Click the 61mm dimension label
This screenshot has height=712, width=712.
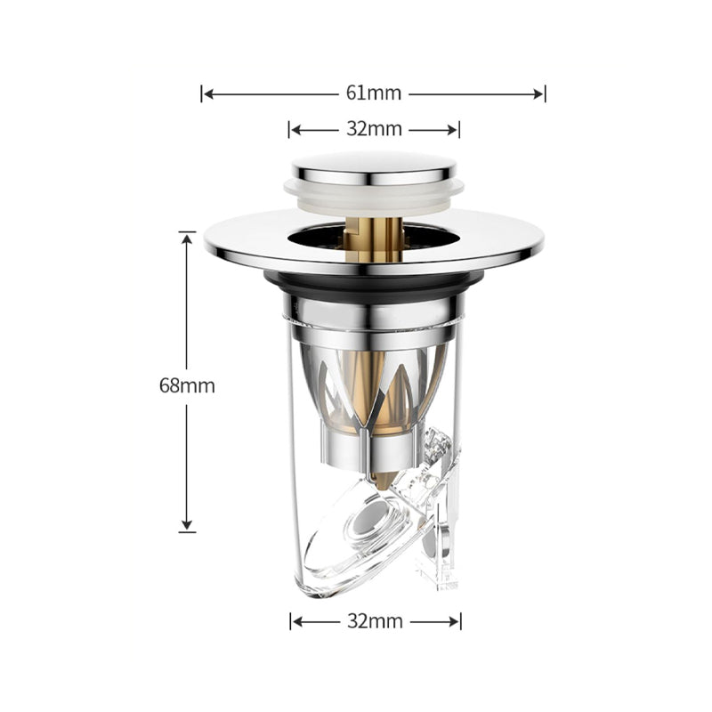[374, 93]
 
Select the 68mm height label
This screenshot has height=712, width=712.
[187, 386]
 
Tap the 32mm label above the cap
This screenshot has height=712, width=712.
[374, 129]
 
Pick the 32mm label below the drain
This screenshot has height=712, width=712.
[375, 620]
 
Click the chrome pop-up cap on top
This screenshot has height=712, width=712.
[374, 167]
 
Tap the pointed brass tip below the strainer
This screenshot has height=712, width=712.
[381, 481]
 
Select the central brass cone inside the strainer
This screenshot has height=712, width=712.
[374, 392]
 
